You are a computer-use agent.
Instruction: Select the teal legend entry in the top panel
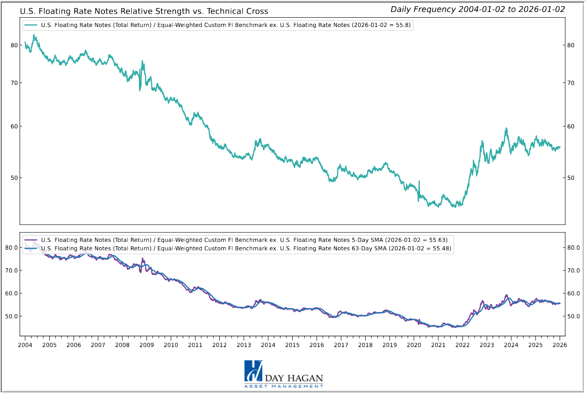tap(226, 25)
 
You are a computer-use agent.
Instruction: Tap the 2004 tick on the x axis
tap(25, 345)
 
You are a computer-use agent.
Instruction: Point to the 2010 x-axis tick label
tap(171, 345)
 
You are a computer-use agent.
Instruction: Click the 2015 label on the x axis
tap(292, 345)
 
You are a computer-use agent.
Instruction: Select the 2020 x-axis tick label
tap(414, 345)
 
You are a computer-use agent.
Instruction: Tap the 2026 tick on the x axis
tap(559, 345)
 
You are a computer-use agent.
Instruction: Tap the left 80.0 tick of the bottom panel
tap(11, 248)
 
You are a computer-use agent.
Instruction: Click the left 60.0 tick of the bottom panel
tap(11, 293)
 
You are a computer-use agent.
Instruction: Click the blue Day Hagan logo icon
tap(253, 371)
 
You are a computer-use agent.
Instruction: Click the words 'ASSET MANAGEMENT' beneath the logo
tap(284, 386)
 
